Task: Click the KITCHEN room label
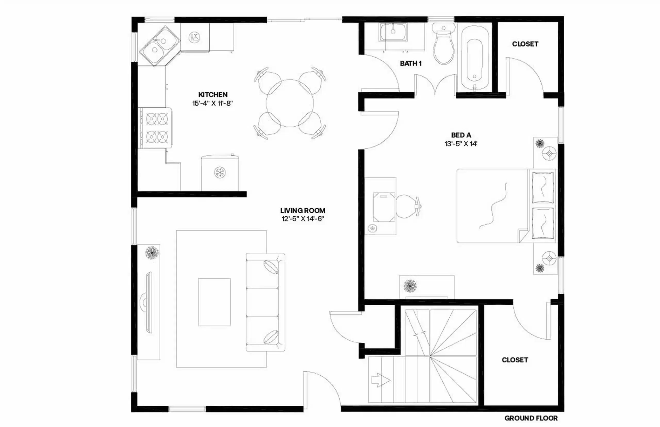coord(213,95)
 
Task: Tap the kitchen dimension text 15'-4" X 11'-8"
coord(212,103)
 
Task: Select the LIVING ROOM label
coord(303,210)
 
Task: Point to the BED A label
coord(461,135)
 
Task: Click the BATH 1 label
coord(411,63)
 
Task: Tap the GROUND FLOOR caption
coord(531,418)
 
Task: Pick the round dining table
coord(290,103)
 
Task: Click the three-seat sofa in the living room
coord(265,302)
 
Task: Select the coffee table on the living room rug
coord(214,302)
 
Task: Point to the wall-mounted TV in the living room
coord(149,302)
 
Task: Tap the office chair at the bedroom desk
coord(407,206)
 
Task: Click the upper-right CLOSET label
coord(525,44)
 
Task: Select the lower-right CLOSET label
coord(515,360)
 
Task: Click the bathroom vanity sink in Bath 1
coord(393,32)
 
